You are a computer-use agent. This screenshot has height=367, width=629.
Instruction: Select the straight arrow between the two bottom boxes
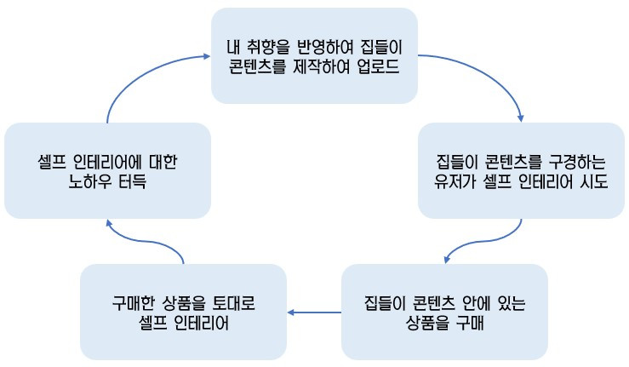(313, 313)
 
